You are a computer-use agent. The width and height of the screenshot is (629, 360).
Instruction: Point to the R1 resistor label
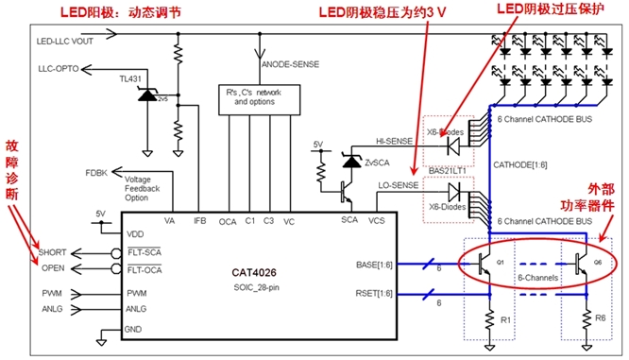click(504, 319)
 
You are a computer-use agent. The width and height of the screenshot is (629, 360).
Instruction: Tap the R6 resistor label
click(602, 319)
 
